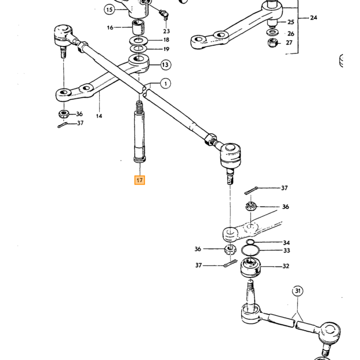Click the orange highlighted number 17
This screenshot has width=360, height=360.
[139, 180]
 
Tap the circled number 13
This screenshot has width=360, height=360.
[165, 65]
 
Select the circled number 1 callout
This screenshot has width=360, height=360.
[166, 83]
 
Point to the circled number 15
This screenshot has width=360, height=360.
[110, 10]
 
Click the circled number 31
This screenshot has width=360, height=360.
[298, 291]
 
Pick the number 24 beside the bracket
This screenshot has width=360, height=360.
[313, 17]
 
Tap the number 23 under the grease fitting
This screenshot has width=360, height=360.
[167, 31]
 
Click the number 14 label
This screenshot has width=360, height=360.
[99, 116]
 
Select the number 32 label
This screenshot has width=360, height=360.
[286, 266]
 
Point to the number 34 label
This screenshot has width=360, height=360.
[286, 243]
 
